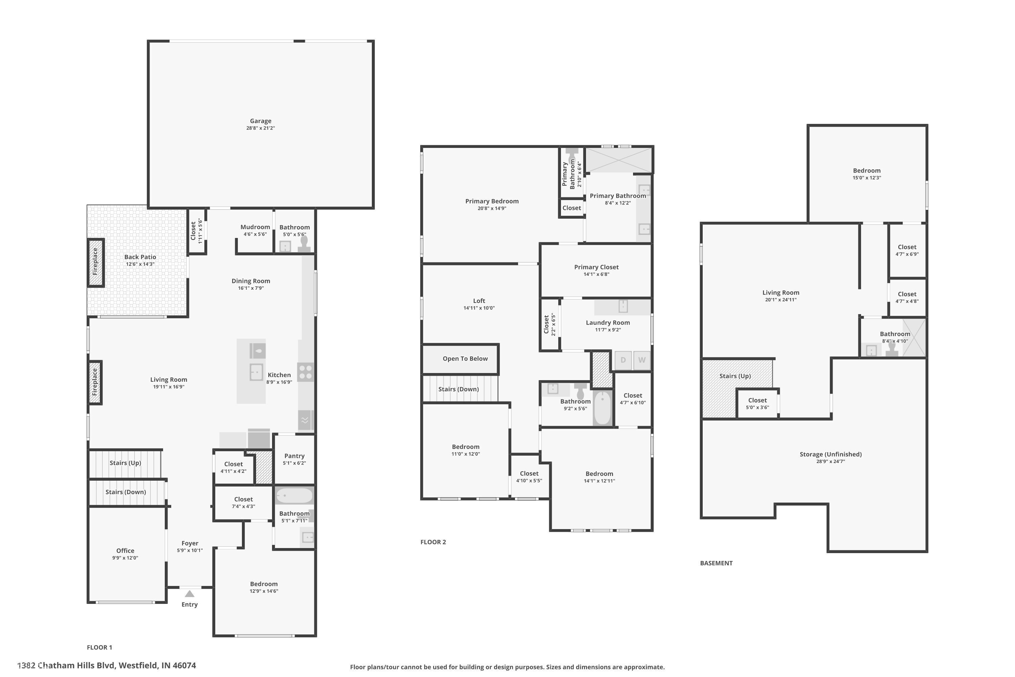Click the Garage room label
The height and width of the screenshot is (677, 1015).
pyautogui.click(x=261, y=121)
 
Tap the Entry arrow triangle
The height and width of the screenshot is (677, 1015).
pyautogui.click(x=189, y=594)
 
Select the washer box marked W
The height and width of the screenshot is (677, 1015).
pyautogui.click(x=642, y=360)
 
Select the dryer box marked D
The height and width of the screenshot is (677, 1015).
pyautogui.click(x=623, y=360)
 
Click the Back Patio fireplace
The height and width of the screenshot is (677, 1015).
pyautogui.click(x=96, y=262)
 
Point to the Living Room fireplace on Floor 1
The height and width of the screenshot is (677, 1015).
pyautogui.click(x=95, y=383)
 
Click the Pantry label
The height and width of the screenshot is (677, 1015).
pyautogui.click(x=294, y=456)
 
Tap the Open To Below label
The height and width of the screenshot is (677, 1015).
pyautogui.click(x=465, y=359)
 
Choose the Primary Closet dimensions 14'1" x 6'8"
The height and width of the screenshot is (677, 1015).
pyautogui.click(x=596, y=274)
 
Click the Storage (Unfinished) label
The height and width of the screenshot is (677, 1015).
pyautogui.click(x=831, y=454)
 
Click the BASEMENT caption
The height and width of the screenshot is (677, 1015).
pyautogui.click(x=716, y=563)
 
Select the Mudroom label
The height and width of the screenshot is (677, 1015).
pyautogui.click(x=255, y=227)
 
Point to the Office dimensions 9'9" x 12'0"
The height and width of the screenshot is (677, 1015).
pyautogui.click(x=125, y=558)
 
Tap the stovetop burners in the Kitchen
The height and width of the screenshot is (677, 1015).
pyautogui.click(x=306, y=372)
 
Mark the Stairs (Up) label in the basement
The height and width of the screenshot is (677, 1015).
pyautogui.click(x=735, y=376)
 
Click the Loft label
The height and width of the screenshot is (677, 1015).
pyautogui.click(x=479, y=301)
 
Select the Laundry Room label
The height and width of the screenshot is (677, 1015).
pyautogui.click(x=608, y=323)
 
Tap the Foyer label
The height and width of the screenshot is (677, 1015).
pyautogui.click(x=190, y=543)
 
